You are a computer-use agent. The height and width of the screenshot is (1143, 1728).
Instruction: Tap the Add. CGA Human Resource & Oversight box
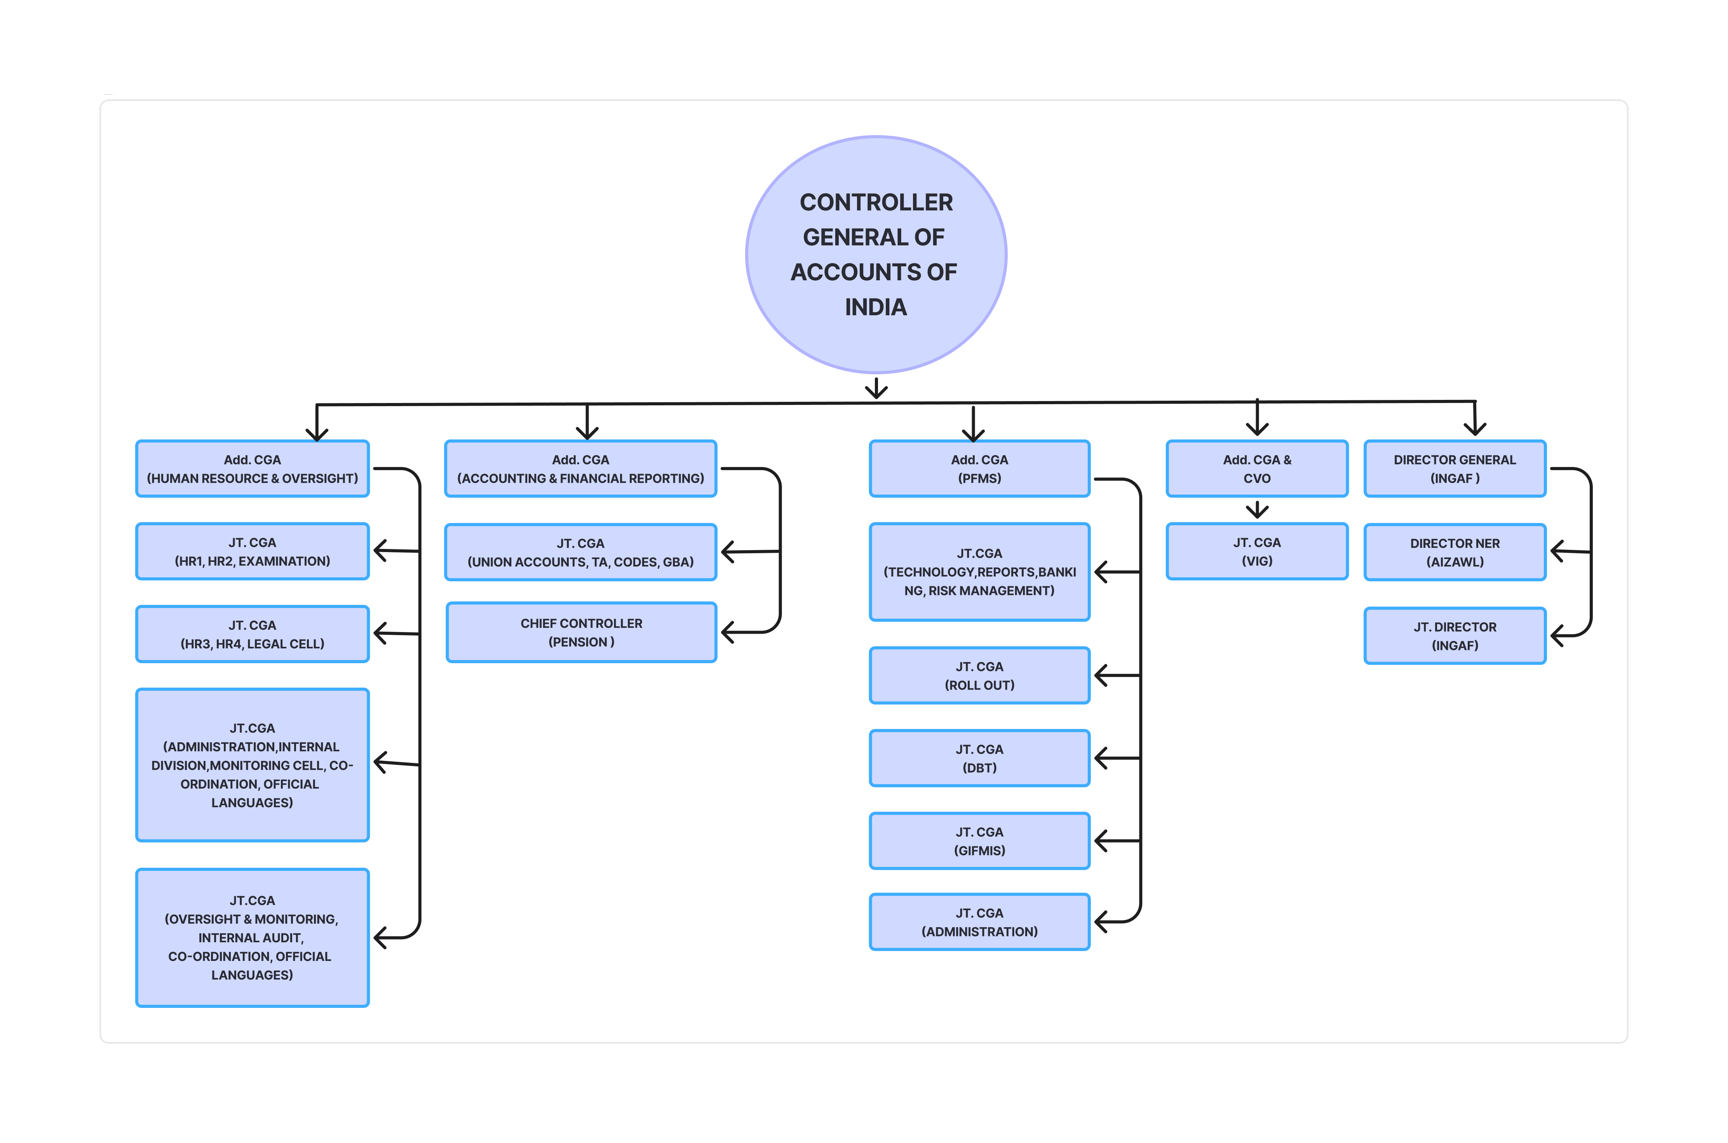(253, 469)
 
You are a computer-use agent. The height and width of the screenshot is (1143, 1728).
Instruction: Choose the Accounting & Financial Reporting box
(581, 469)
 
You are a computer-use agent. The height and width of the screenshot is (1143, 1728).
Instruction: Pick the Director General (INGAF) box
(1455, 469)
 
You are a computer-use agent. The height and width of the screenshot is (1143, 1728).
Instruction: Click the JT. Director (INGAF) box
(1455, 636)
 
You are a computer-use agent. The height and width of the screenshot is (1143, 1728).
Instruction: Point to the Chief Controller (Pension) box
(581, 632)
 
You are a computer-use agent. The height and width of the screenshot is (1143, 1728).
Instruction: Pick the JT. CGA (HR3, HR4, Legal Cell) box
(253, 634)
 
